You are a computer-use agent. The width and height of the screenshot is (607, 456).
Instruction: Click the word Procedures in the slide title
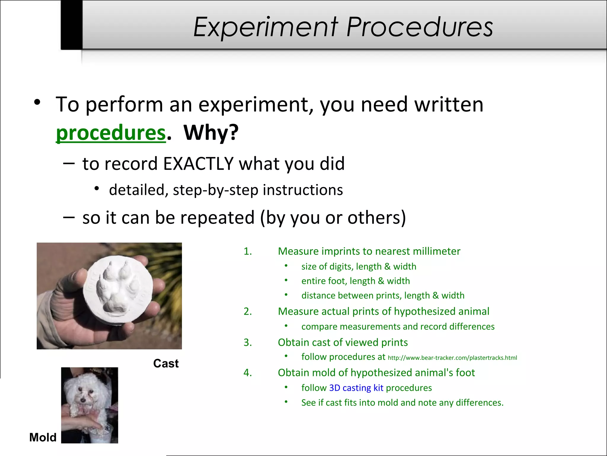[x=419, y=27]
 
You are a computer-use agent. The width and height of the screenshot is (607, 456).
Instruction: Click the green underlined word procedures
[x=111, y=133]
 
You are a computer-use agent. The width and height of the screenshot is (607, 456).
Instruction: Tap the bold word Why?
[x=211, y=133]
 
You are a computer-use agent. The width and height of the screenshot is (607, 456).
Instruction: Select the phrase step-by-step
[x=215, y=190]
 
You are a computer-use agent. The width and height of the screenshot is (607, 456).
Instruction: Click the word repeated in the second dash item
[x=217, y=218]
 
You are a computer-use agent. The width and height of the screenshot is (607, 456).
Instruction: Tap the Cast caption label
[x=166, y=363]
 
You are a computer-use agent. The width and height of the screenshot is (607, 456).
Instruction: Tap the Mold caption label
[x=43, y=437]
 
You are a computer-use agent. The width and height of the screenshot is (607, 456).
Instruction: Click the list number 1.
[x=247, y=251]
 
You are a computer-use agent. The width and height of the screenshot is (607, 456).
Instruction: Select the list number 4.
[x=247, y=373]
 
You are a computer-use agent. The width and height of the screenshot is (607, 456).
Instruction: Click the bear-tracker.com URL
[x=452, y=358]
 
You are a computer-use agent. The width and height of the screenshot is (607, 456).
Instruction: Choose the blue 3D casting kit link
[x=356, y=388]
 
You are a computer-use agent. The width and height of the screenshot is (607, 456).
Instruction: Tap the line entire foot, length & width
[x=355, y=281]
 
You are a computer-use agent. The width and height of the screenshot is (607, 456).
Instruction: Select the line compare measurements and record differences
[x=398, y=327]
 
